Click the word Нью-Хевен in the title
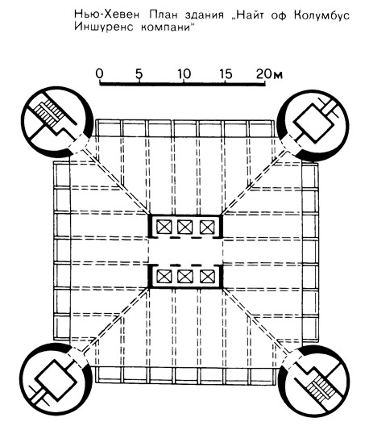coord(107,15)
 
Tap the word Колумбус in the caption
coord(321,15)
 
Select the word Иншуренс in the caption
coord(104,27)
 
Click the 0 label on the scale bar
coord(100,73)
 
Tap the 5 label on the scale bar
coord(139,73)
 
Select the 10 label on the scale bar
coord(184,73)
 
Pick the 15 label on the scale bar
coord(226,73)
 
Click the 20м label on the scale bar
coord(269,73)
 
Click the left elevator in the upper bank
coord(164,227)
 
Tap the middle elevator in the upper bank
coord(185,227)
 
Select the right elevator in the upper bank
coord(207,227)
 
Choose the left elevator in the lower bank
coord(164,277)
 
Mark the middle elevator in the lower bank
coord(185,277)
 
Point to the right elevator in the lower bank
coord(207,277)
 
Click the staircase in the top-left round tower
coord(49,111)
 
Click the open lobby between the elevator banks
coord(185,251)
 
